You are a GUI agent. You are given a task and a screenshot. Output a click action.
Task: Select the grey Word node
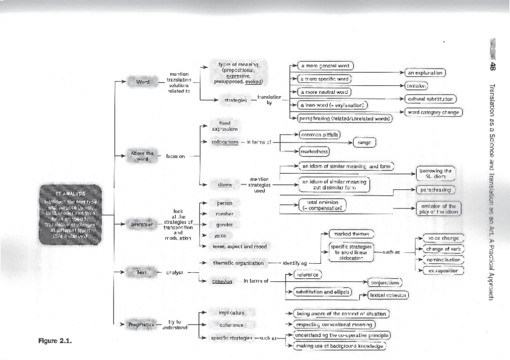tap(143, 81)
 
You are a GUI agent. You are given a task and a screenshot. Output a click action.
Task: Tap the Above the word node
tap(143, 156)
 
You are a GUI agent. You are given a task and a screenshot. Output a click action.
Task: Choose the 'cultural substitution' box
tap(431, 99)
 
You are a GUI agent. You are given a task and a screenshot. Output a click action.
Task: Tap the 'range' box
tap(364, 142)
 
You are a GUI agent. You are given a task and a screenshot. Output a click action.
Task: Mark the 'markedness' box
tap(315, 152)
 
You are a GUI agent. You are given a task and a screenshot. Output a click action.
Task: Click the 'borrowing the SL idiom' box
tap(435, 174)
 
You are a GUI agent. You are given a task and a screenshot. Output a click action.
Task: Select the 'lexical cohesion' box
tap(389, 295)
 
